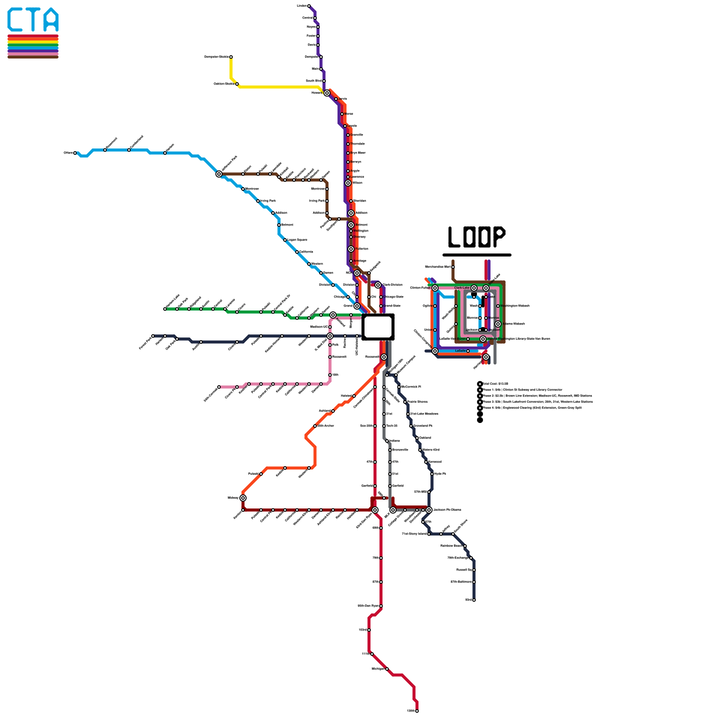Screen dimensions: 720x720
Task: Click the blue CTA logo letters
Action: [x=33, y=20]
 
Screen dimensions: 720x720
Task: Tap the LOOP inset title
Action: [x=477, y=237]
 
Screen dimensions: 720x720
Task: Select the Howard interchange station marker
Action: [x=327, y=93]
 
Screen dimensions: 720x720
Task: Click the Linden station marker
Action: [x=309, y=6]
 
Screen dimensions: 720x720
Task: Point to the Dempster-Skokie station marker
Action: [x=231, y=57]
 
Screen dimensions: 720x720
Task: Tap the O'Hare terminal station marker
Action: [x=75, y=153]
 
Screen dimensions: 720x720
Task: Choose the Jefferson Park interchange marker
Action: [x=219, y=174]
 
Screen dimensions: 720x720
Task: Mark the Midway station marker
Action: [x=243, y=498]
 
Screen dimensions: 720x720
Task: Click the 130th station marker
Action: [x=417, y=711]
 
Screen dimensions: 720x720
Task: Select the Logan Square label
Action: [x=297, y=240]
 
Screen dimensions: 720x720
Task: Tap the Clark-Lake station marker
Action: [x=474, y=288]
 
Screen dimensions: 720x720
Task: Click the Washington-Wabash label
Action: [x=515, y=306]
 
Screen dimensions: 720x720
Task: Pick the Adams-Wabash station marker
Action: [x=498, y=324]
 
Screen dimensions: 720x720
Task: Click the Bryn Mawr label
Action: [x=358, y=153]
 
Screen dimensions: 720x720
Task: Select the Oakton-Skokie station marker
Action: [x=237, y=84]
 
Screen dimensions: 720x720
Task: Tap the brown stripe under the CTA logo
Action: [x=33, y=57]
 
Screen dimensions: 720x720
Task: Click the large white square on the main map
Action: [x=378, y=327]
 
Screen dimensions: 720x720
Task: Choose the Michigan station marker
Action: [x=387, y=669]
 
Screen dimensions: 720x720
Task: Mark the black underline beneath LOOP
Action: [x=477, y=255]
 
